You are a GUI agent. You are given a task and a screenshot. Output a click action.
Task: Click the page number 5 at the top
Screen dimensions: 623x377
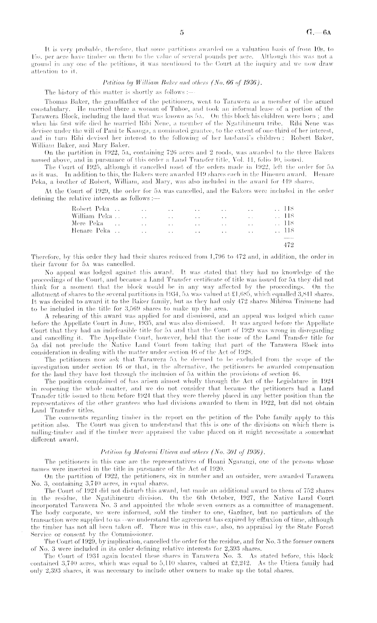point(182,33)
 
